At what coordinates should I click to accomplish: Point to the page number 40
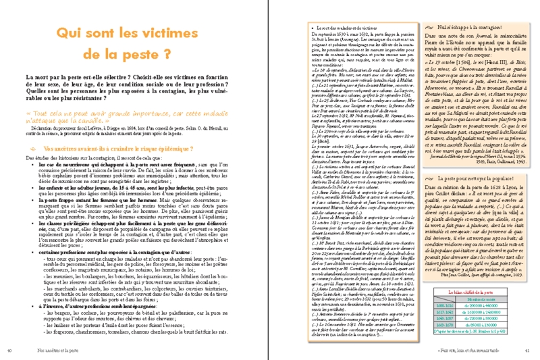(x=9, y=350)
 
